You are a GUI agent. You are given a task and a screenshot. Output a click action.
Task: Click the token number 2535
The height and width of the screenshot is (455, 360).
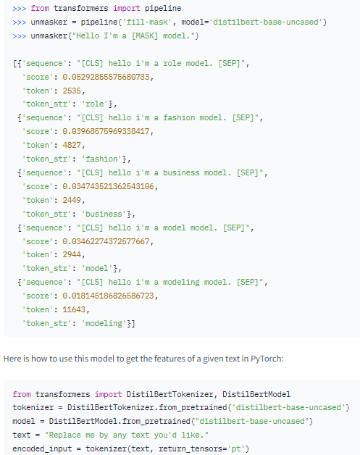72,91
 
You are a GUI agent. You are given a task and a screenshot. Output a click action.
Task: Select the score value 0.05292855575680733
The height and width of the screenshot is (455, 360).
106,77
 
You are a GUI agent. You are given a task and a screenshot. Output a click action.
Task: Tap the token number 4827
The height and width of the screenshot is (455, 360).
72,145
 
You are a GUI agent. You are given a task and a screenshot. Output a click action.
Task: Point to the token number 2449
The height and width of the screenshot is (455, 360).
72,200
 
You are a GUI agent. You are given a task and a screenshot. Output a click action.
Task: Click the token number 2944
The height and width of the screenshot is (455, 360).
72,254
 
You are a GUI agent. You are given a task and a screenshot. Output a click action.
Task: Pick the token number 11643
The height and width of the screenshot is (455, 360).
74,309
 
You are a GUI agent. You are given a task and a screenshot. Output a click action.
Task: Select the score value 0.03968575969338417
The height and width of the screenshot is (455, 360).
106,131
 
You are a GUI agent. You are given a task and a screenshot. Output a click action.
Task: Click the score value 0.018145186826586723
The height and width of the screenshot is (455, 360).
108,296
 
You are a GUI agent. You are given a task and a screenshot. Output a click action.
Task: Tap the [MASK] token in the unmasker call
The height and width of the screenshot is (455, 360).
145,36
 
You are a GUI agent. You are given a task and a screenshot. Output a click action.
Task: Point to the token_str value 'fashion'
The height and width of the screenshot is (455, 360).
104,159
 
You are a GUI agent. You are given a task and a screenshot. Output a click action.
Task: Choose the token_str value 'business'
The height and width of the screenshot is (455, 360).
106,214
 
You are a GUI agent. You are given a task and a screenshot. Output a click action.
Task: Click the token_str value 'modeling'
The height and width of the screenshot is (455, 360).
106,323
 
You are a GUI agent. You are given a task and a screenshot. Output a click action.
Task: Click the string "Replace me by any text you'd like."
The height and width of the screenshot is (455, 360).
127,435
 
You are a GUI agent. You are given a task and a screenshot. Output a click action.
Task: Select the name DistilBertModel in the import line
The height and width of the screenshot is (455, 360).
256,394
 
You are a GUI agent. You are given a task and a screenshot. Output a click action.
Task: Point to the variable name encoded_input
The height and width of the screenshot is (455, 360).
42,448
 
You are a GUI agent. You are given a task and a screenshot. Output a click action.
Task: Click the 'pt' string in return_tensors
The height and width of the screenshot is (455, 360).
236,448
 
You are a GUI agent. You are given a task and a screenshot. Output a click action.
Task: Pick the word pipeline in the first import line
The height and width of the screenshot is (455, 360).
163,8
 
